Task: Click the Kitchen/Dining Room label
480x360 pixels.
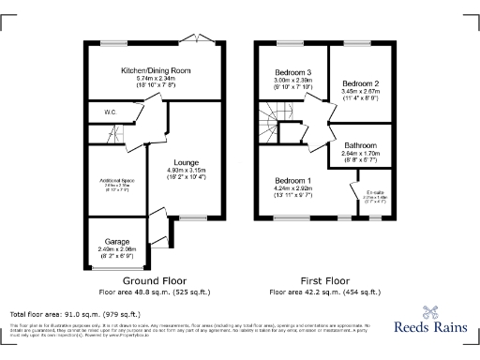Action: coord(155,71)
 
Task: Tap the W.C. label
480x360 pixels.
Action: coord(110,112)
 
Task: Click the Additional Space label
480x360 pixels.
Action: coord(112,179)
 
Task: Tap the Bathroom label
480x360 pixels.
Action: coord(360,145)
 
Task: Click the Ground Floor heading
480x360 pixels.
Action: coord(155,280)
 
